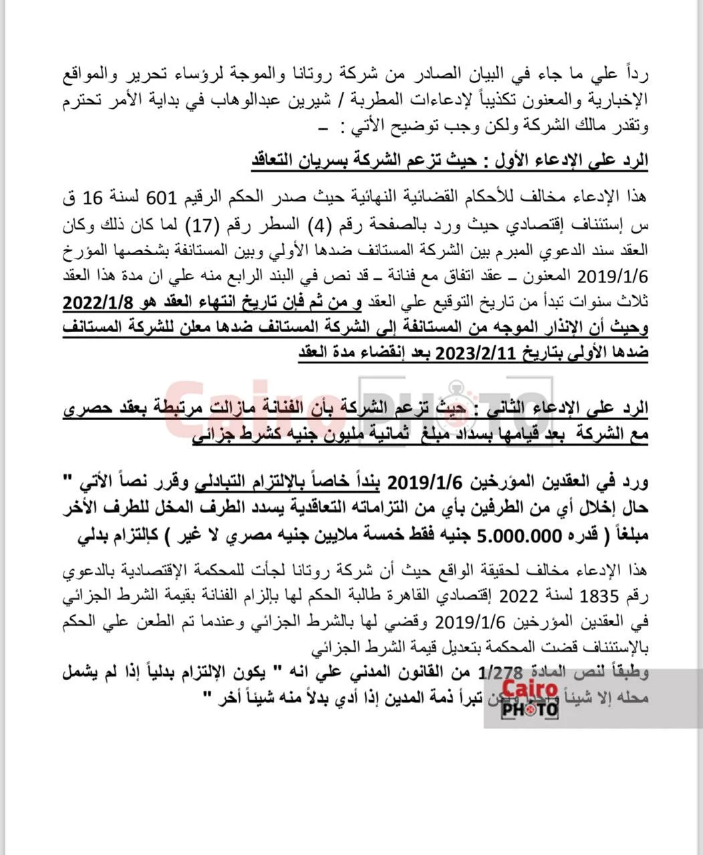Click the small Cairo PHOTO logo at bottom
tap(530, 698)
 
